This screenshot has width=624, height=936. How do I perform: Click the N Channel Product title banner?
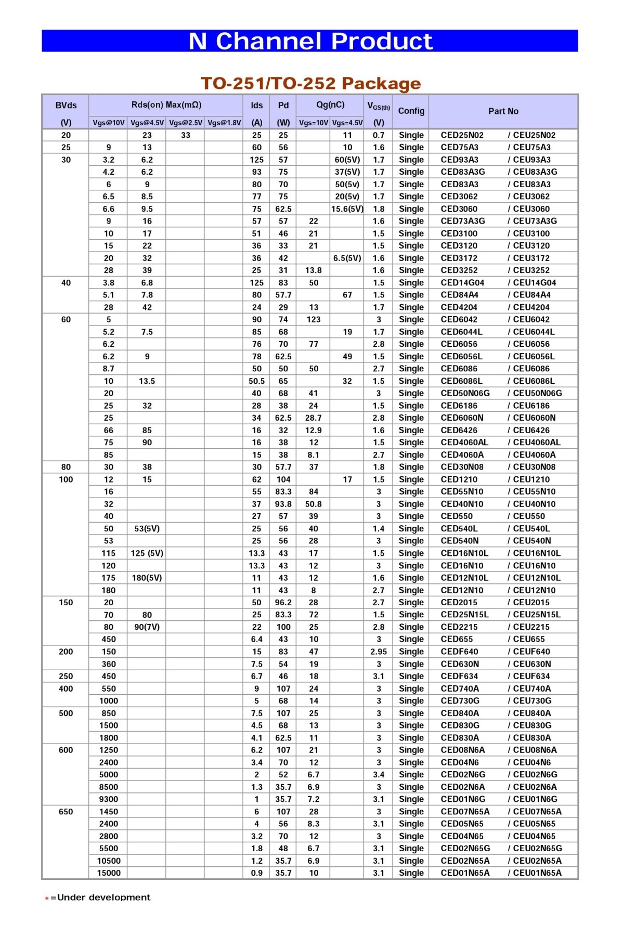pos(310,41)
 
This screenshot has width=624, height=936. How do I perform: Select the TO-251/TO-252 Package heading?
pos(310,83)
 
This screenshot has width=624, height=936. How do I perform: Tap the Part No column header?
pos(503,111)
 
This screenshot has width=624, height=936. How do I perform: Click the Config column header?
pos(411,111)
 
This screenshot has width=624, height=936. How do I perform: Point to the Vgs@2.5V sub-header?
pos(185,123)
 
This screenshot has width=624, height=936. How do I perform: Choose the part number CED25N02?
pos(462,135)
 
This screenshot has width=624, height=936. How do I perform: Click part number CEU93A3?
pos(531,160)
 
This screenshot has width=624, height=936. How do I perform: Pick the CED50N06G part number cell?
pos(465,393)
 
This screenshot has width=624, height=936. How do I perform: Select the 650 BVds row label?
pos(66,812)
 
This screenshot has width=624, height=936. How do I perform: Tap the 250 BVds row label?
pos(66,677)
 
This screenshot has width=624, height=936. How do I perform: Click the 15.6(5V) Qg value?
pos(347,209)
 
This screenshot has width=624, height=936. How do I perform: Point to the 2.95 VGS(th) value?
pos(379,652)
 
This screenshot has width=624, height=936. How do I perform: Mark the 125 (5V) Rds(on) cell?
pos(147,553)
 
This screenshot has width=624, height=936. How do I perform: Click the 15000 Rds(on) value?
pos(108,873)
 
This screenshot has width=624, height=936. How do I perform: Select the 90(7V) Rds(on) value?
pos(147,627)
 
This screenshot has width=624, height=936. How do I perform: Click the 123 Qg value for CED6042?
pos(313,319)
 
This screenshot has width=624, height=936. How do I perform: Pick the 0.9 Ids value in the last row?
pos(256,873)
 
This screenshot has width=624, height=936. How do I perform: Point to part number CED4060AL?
pos(464,443)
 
